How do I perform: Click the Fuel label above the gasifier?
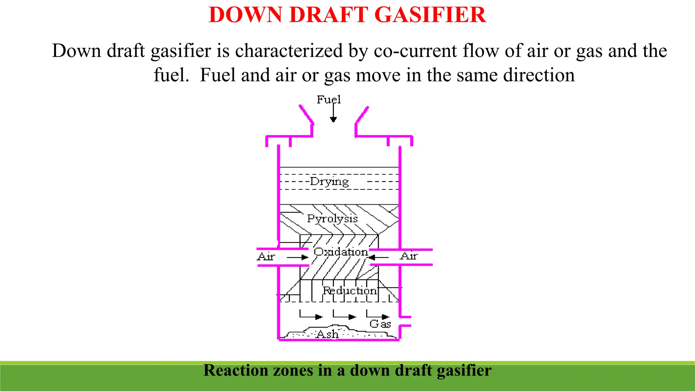(328, 99)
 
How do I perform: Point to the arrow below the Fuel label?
(333, 114)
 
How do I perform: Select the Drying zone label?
(329, 182)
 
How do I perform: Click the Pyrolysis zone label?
(332, 219)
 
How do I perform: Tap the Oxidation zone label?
(341, 252)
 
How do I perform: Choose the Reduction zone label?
(350, 291)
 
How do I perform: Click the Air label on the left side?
(266, 256)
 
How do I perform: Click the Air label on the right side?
(409, 256)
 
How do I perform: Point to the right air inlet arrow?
(379, 258)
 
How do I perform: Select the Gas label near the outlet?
(380, 324)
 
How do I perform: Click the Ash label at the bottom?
(327, 334)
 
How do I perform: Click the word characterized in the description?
(289, 51)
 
